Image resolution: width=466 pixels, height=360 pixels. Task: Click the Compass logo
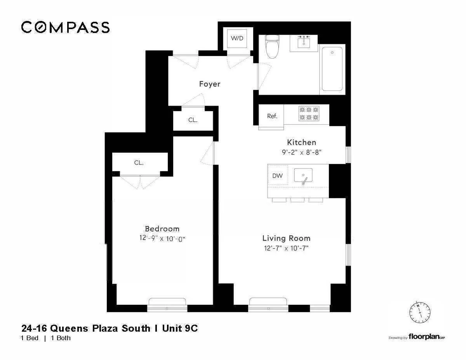point(65,27)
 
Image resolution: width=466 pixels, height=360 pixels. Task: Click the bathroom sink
point(304,42)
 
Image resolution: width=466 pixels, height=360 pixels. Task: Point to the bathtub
point(332,69)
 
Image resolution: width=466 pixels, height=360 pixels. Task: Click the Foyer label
point(210,84)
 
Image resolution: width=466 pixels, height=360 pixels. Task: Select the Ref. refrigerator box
point(272,116)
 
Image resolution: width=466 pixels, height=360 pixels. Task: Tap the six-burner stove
point(309,113)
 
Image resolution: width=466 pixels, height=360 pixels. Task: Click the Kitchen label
point(301,142)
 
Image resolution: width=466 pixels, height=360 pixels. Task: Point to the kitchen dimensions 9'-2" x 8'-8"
point(301,153)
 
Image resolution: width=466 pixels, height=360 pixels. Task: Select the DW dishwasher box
point(277,176)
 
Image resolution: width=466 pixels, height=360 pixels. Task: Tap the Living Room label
point(286,238)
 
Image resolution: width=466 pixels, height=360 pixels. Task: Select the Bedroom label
point(162,229)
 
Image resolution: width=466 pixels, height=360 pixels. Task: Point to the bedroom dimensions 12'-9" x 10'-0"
point(162,239)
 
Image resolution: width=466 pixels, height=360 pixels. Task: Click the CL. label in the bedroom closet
point(139,163)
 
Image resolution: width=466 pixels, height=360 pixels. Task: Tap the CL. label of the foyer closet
point(193,120)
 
